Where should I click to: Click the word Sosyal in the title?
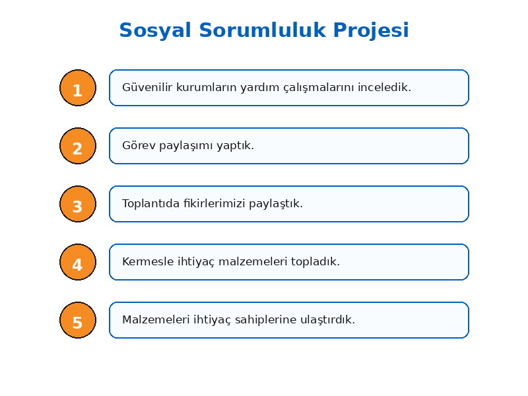point(155,30)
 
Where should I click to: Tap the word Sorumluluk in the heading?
point(263,30)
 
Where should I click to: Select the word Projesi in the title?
point(371,30)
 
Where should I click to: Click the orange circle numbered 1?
point(78,88)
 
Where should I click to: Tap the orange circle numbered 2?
point(78,146)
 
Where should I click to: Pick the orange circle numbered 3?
point(78,204)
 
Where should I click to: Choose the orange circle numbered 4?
point(78,262)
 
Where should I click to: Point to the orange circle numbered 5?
point(78,320)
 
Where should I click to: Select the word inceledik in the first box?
point(384,87)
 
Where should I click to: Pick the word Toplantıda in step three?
point(151,203)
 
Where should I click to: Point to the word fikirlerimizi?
point(214,203)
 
